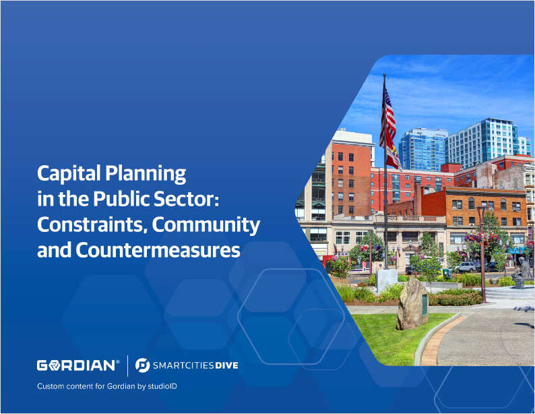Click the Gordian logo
(x=78, y=365)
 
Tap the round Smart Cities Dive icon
(x=142, y=365)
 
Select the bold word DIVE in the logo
(x=222, y=366)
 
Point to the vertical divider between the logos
(x=127, y=365)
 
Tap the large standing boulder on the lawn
(x=412, y=304)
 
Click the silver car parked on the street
(x=467, y=267)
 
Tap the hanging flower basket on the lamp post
(x=479, y=238)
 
